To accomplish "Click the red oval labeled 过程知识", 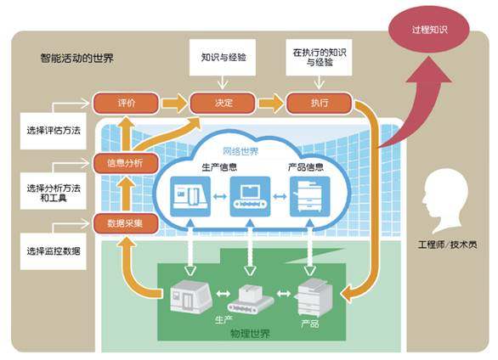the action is (x=429, y=30).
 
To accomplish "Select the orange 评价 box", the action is (x=126, y=103).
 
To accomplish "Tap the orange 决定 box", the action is (x=223, y=103).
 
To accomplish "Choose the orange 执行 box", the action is (x=320, y=103).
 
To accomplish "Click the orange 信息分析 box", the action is (x=126, y=163).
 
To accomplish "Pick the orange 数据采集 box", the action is (x=126, y=223).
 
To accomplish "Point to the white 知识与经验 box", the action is (x=223, y=58).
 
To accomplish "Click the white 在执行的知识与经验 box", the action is (x=319, y=58).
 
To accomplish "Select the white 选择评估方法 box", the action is (x=54, y=131).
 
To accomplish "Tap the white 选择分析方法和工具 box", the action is (x=54, y=191).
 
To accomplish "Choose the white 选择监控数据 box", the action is (x=54, y=251).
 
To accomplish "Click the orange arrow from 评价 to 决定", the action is (x=174, y=103).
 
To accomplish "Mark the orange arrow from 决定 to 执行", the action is (x=271, y=103).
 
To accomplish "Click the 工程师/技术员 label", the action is (x=448, y=245).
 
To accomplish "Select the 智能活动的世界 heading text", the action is (x=76, y=59).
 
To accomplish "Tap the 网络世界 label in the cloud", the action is (x=241, y=151).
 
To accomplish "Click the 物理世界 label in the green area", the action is (x=250, y=334).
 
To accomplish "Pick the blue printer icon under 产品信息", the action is (x=310, y=197).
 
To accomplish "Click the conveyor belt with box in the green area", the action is (x=250, y=300).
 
